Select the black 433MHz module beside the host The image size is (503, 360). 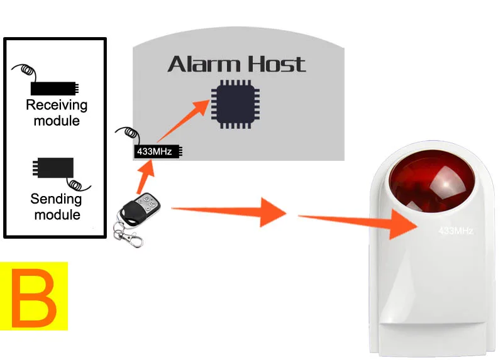tap(158, 151)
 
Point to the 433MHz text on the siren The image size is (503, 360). tap(455, 231)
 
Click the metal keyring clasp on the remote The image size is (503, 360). tap(126, 236)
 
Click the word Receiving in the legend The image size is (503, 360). tap(57, 105)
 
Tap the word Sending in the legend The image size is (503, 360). tap(57, 200)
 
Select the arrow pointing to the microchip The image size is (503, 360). tap(186, 119)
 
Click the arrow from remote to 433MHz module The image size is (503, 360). tap(144, 176)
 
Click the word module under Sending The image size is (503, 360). tap(57, 215)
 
